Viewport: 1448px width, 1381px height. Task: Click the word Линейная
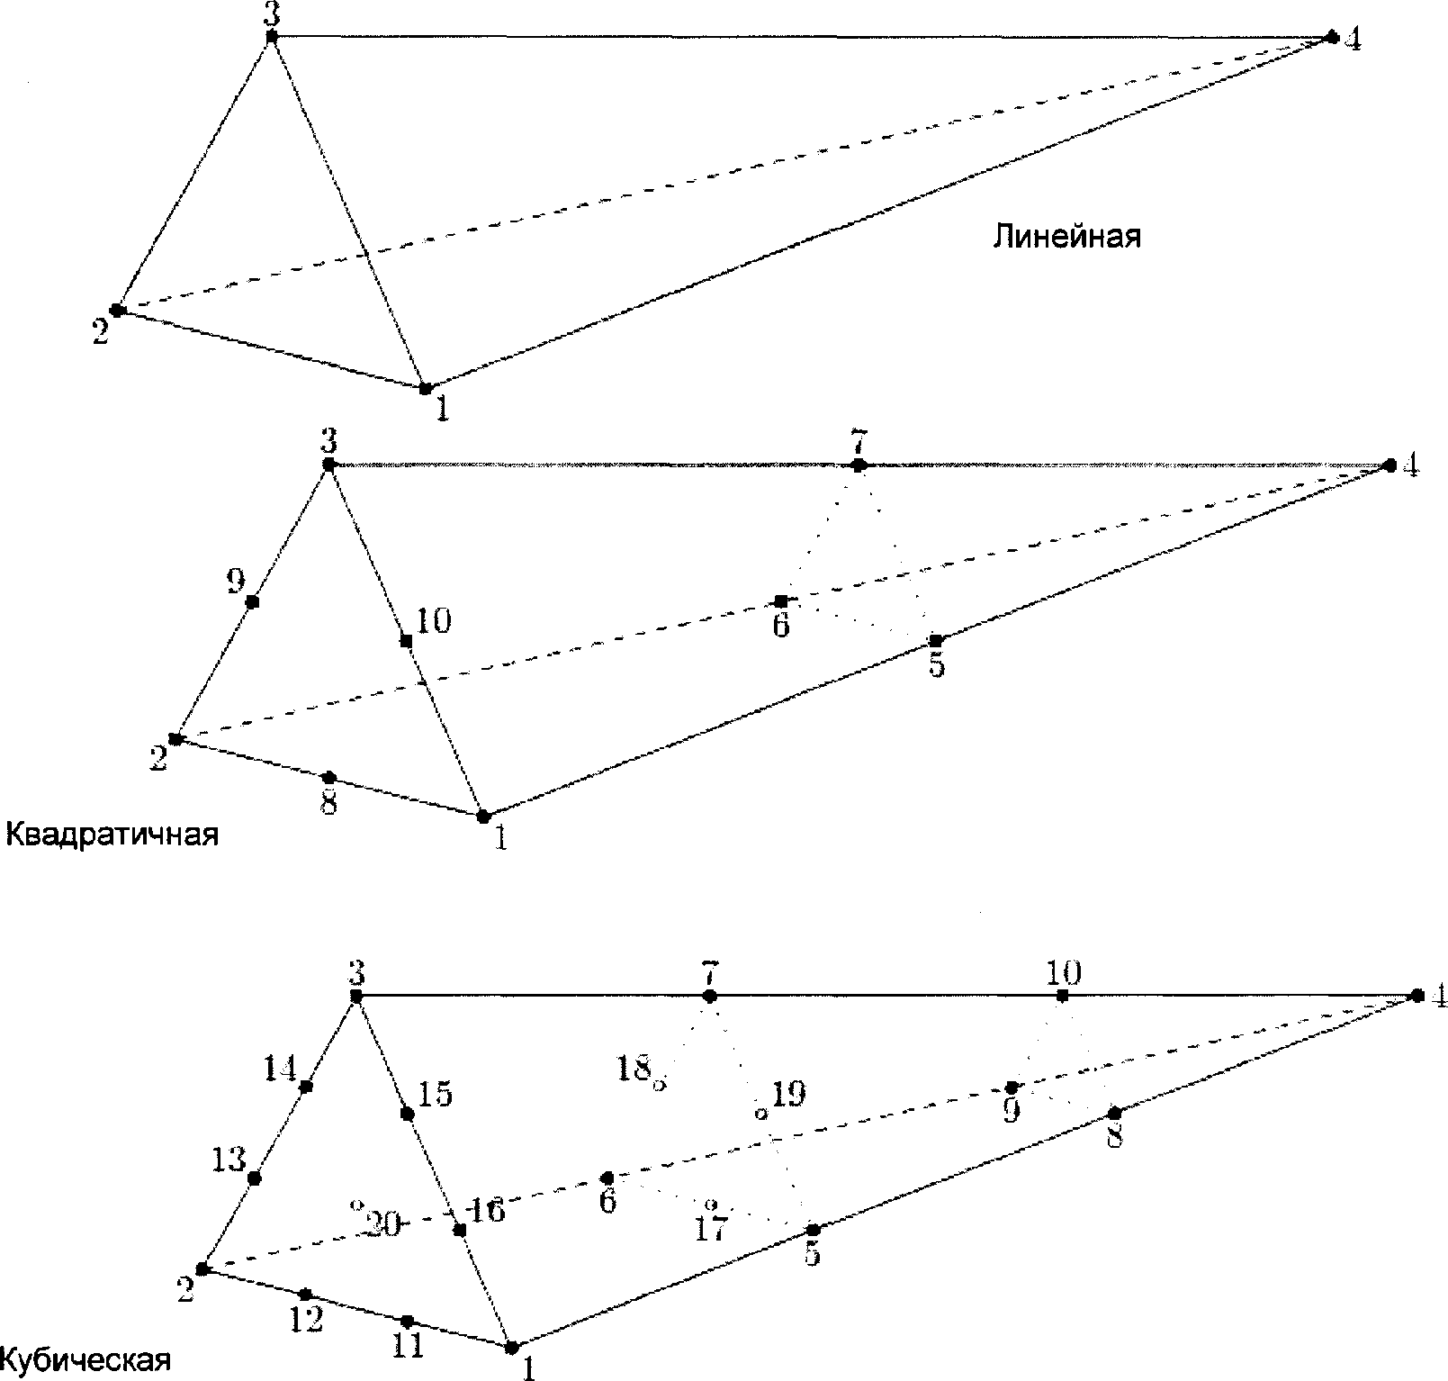pyautogui.click(x=1066, y=236)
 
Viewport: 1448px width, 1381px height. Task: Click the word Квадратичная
pyautogui.click(x=112, y=835)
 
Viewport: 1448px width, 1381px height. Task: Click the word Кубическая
pyautogui.click(x=85, y=1358)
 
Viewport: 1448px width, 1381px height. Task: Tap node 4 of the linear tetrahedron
pyautogui.click(x=1332, y=37)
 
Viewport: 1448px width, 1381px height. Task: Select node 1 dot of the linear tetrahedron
pyautogui.click(x=425, y=388)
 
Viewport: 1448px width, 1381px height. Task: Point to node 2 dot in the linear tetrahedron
pyautogui.click(x=116, y=310)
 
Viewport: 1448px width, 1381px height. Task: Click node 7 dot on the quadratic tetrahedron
pyautogui.click(x=859, y=465)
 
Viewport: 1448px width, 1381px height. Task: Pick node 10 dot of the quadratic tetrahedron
pyautogui.click(x=406, y=641)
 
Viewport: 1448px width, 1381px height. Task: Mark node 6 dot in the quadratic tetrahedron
pyautogui.click(x=781, y=600)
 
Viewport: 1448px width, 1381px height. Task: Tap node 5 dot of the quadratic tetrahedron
pyautogui.click(x=936, y=640)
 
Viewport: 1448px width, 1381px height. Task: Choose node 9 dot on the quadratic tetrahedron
pyautogui.click(x=253, y=601)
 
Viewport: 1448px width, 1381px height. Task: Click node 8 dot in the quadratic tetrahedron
pyautogui.click(x=328, y=777)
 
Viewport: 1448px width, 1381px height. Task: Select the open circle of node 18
pyautogui.click(x=659, y=1086)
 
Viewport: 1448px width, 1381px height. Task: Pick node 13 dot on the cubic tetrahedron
pyautogui.click(x=255, y=1178)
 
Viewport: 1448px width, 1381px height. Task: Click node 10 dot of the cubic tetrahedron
pyautogui.click(x=1063, y=996)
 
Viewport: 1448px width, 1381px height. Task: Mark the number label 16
pyautogui.click(x=486, y=1212)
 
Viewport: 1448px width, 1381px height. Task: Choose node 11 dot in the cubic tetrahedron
pyautogui.click(x=407, y=1321)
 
